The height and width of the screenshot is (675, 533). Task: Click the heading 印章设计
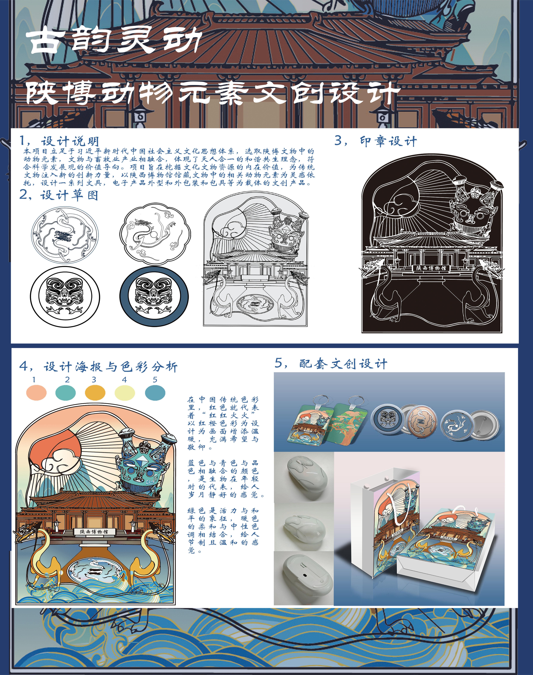[388, 141]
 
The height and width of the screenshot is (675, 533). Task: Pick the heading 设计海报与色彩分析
[110, 367]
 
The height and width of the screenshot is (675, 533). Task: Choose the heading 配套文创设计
[343, 364]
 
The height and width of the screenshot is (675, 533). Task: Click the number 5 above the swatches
[155, 380]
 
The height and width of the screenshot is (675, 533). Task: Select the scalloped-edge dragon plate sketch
[155, 234]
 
